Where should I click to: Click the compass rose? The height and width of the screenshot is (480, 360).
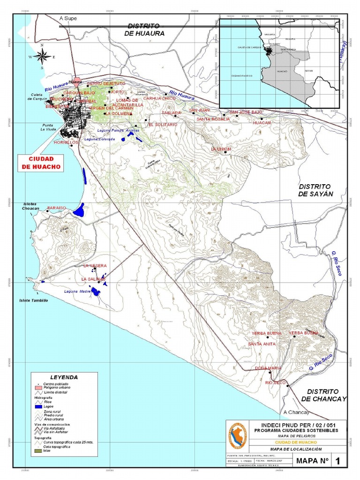click(42, 56)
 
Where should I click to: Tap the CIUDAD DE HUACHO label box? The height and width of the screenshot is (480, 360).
click(39, 163)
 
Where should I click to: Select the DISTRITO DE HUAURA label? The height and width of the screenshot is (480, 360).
click(145, 30)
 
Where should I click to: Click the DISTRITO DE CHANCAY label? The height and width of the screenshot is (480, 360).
click(323, 395)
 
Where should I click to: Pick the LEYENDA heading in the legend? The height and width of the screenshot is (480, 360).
click(64, 377)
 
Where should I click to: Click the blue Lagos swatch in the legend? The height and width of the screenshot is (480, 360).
click(39, 407)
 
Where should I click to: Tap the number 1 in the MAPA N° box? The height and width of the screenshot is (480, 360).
click(337, 461)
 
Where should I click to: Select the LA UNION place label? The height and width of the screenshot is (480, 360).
click(221, 149)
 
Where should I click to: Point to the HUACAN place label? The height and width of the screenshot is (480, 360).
click(262, 122)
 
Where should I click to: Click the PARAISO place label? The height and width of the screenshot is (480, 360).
click(57, 207)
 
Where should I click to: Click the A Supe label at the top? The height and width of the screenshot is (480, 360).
click(67, 18)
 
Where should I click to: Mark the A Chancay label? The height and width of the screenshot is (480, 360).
click(297, 412)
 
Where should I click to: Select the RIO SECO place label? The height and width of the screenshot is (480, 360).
click(275, 383)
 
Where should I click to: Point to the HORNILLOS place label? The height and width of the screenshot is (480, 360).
click(65, 142)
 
